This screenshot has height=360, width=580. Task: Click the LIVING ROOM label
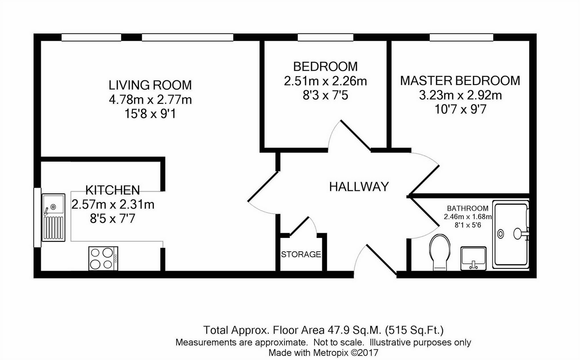click(x=150, y=85)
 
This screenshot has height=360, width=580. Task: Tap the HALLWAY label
click(x=359, y=187)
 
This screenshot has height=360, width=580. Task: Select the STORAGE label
click(x=301, y=255)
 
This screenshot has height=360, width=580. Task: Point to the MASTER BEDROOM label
click(x=460, y=81)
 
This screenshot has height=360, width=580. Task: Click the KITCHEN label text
click(x=113, y=190)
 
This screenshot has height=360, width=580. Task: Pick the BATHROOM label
click(x=467, y=208)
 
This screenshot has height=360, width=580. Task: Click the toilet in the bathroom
click(x=440, y=253)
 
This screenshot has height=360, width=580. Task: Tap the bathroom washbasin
click(x=473, y=259)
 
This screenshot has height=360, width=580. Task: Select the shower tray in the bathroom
click(x=510, y=235)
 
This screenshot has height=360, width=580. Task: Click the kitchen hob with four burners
click(x=103, y=259)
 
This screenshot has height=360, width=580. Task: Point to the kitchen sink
click(x=54, y=217)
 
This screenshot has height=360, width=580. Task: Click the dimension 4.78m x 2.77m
click(x=150, y=100)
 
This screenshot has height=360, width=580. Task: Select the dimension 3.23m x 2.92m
click(x=461, y=95)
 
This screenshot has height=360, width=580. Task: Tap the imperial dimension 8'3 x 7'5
click(x=326, y=95)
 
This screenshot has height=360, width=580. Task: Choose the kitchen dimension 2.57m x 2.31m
click(x=113, y=204)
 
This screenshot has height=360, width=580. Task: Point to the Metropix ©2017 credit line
click(x=324, y=353)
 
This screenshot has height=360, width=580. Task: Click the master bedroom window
click(x=461, y=37)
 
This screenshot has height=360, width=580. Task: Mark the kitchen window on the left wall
click(x=37, y=217)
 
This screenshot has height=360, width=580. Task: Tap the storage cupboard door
click(x=299, y=226)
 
